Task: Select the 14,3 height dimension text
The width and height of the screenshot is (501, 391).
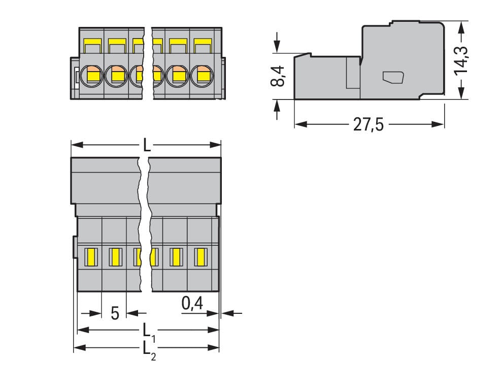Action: click(461, 59)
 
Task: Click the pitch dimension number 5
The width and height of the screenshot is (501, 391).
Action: click(115, 313)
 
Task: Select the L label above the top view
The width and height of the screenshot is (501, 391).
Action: click(146, 146)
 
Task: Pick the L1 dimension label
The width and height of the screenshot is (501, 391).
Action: click(148, 331)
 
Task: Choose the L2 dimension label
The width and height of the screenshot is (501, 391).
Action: click(148, 349)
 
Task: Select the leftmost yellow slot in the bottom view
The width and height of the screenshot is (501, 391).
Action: click(91, 257)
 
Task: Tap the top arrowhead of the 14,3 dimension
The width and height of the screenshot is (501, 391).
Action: click(460, 24)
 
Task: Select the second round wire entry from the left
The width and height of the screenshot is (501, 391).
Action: click(116, 77)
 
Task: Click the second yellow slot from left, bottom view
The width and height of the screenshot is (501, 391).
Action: click(115, 257)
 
